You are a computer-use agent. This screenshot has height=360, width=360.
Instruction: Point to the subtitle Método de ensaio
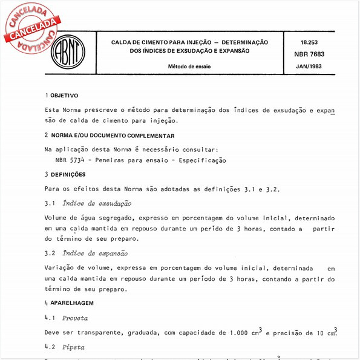point(189,66)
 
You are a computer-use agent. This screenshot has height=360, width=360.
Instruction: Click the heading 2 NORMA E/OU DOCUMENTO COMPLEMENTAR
point(110,136)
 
